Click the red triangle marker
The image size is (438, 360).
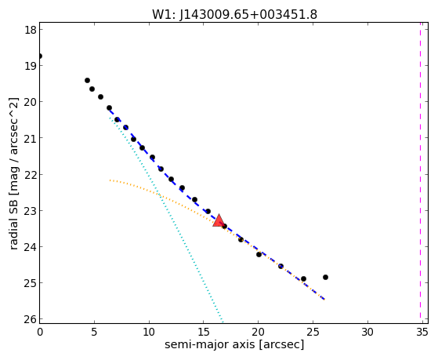pos(219,220)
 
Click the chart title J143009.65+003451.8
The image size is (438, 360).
pos(248,14)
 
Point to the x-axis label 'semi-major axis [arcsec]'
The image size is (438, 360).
pos(234,344)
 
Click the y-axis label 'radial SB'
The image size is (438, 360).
pos(13,220)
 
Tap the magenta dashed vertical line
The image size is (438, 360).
pos(420,173)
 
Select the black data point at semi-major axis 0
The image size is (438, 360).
pos(40,56)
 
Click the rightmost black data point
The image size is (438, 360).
pos(325,277)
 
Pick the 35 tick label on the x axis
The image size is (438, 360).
pos(422,332)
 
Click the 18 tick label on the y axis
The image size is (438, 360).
pos(31,30)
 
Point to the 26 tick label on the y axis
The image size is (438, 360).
pos(31,319)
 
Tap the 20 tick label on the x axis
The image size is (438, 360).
pos(258,332)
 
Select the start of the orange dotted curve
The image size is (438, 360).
pos(110,180)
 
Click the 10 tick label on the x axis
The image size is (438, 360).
pos(149,332)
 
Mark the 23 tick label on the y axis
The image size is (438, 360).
pos(31,210)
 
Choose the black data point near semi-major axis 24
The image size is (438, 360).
pos(303,279)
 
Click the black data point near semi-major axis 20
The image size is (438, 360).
pos(259,255)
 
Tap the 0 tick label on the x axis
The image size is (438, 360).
pos(40,332)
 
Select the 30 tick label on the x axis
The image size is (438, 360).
pos(367,332)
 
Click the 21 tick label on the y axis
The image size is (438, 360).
pos(31,138)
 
